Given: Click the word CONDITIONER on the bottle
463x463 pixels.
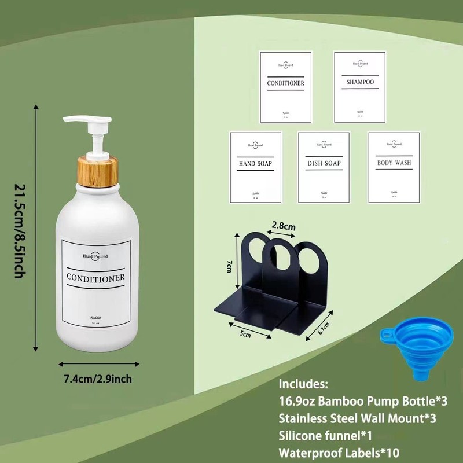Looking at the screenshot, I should click(95, 278).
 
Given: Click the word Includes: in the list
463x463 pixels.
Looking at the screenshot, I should click(304, 384).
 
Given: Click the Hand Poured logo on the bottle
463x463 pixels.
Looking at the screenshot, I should click(95, 255).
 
